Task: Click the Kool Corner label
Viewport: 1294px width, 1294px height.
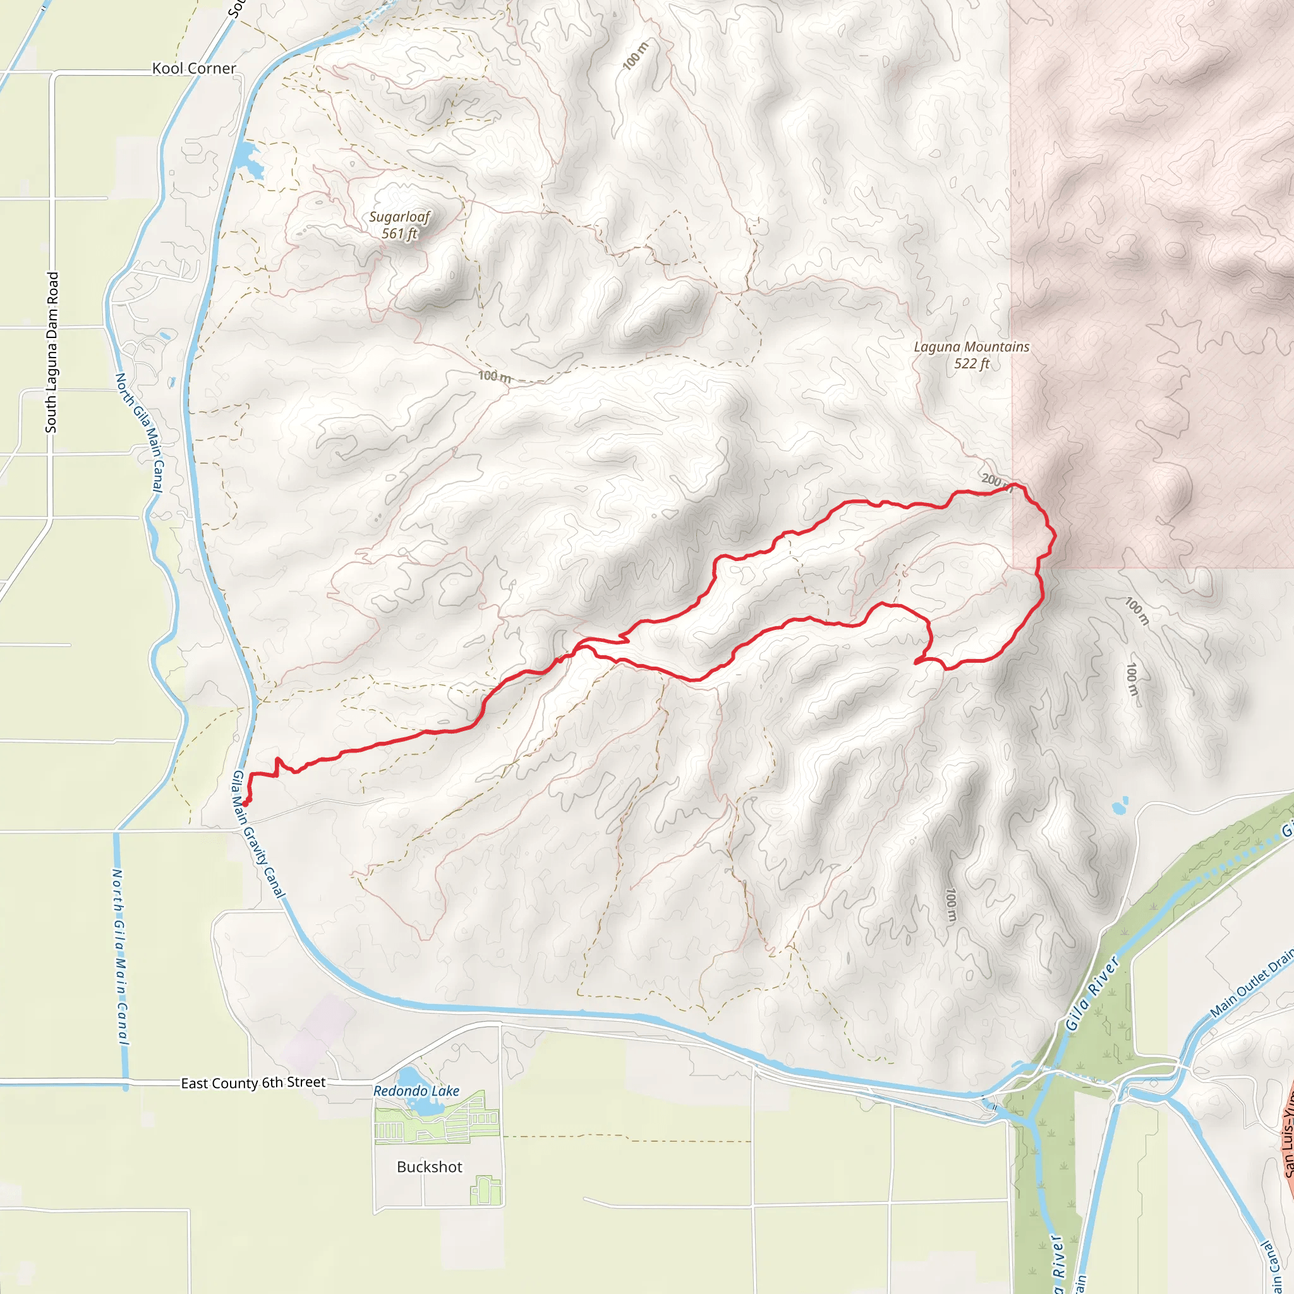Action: [x=193, y=68]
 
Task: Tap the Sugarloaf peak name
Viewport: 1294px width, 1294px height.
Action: [x=399, y=217]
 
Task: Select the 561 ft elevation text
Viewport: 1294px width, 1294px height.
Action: [x=399, y=234]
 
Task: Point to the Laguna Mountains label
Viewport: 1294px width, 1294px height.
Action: [x=971, y=347]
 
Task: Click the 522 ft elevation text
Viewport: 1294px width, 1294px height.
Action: [x=971, y=364]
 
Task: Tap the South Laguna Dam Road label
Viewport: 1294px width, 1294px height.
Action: [x=52, y=353]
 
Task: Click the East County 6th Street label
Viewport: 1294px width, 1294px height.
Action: [x=253, y=1083]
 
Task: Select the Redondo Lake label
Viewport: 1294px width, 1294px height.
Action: [x=416, y=1091]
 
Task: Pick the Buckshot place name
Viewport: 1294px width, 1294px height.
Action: [x=429, y=1167]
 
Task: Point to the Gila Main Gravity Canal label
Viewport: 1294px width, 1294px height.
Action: [x=258, y=834]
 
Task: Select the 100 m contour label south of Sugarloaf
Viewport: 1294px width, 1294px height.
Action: [x=494, y=377]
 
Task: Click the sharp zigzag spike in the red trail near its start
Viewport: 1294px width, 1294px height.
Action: [x=277, y=763]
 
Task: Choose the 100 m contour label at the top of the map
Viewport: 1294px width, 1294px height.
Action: [x=635, y=56]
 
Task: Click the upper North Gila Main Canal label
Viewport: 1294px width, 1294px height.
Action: [x=139, y=433]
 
